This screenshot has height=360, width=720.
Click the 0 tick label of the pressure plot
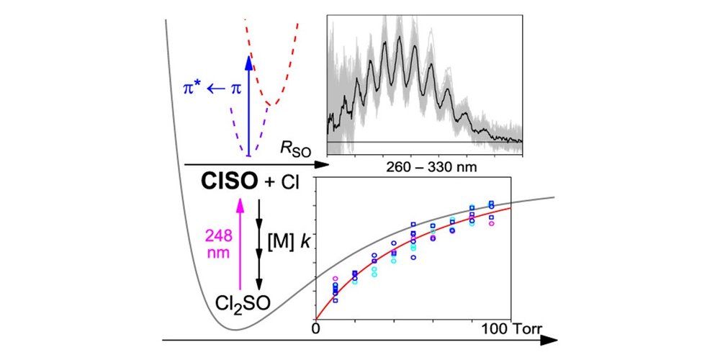[x=316, y=330]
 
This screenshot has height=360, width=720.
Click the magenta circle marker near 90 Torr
[x=491, y=224]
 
